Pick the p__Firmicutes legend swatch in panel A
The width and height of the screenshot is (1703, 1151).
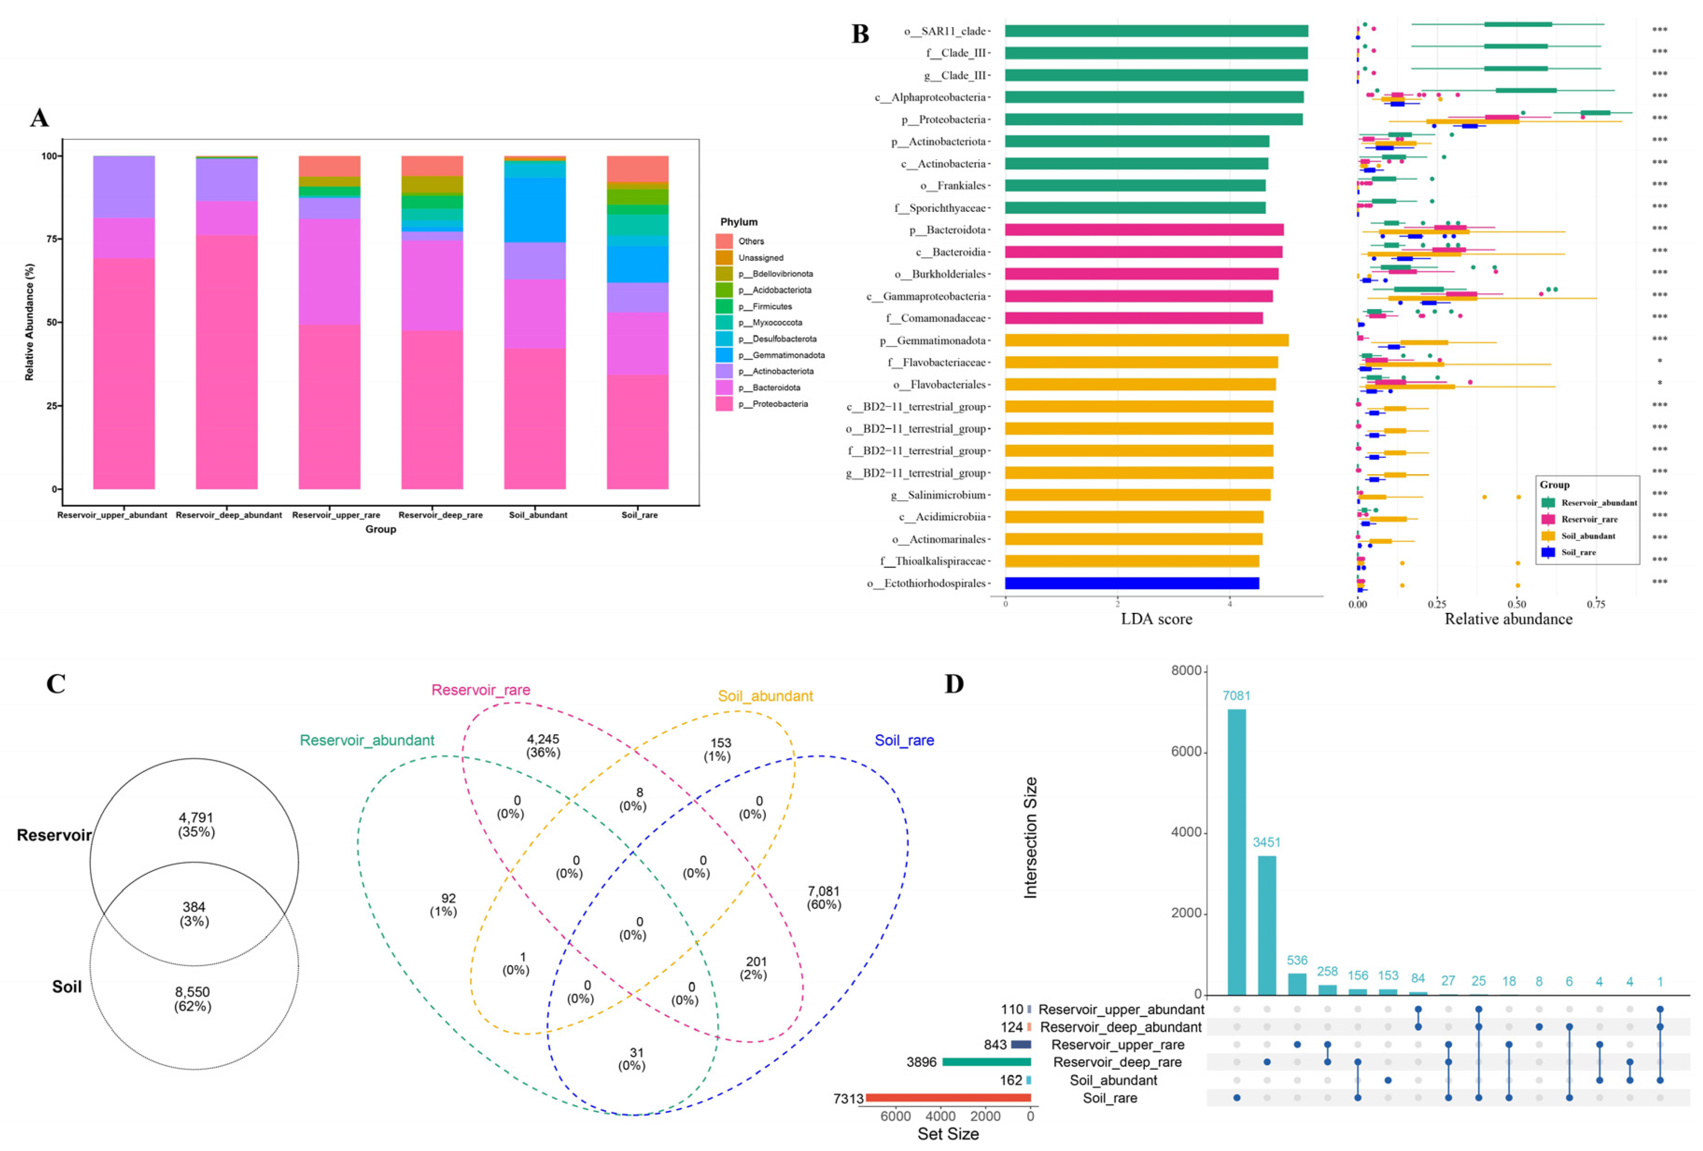pyautogui.click(x=724, y=306)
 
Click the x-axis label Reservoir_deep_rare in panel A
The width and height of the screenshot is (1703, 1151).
pyautogui.click(x=440, y=515)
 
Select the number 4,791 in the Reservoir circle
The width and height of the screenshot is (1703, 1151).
pyautogui.click(x=196, y=818)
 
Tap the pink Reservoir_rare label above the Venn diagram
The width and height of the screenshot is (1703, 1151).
pyautogui.click(x=481, y=690)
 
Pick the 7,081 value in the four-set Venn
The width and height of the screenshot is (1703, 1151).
pyautogui.click(x=823, y=891)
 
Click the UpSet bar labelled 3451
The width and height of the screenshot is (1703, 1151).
pyautogui.click(x=1267, y=925)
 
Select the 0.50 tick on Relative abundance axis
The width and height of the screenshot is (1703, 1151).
pyautogui.click(x=1517, y=604)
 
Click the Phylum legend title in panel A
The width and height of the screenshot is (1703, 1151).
pyautogui.click(x=739, y=222)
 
